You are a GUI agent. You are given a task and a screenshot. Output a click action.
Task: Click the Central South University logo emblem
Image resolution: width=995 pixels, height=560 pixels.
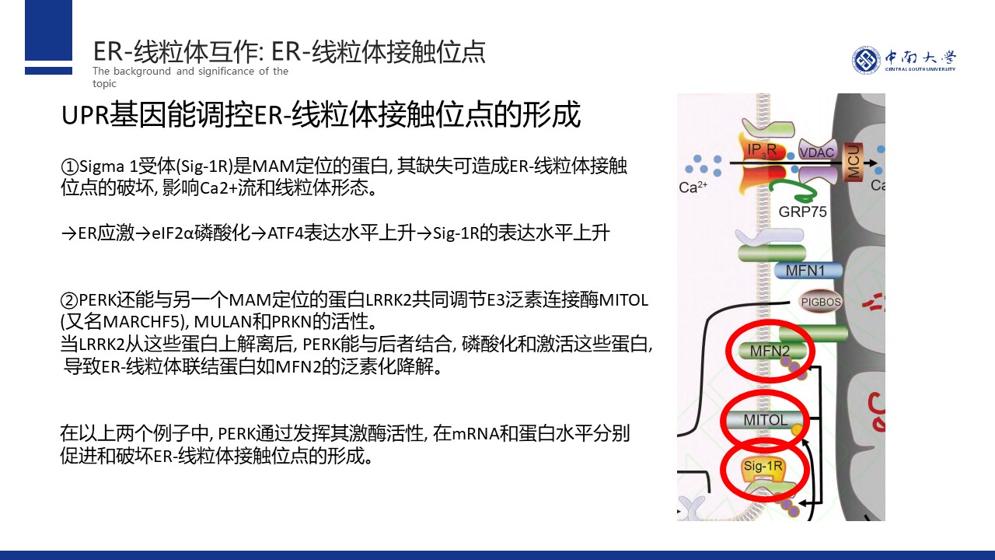tap(866, 60)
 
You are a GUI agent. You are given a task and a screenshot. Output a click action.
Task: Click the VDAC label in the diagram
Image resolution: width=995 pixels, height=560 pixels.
tap(818, 152)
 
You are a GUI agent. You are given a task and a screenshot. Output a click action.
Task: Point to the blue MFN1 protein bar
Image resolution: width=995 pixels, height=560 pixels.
tap(808, 271)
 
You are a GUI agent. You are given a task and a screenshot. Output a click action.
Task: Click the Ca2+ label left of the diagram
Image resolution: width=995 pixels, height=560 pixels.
tap(693, 187)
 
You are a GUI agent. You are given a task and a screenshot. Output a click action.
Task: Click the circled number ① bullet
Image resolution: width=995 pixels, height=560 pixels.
tap(69, 166)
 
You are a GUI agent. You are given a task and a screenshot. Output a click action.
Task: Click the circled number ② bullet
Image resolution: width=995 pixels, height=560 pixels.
tap(69, 300)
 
